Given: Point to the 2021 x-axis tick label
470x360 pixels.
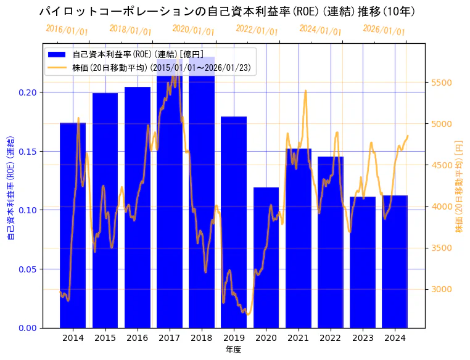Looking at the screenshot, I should click(x=298, y=338).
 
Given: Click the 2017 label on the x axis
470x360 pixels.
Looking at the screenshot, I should click(x=169, y=338).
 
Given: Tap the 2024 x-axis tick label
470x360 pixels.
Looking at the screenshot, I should click(x=395, y=338).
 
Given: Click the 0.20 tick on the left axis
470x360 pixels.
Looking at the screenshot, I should click(x=28, y=92).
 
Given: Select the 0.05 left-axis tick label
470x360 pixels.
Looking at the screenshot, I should click(x=28, y=269).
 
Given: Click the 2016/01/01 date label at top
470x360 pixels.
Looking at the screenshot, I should click(x=67, y=30).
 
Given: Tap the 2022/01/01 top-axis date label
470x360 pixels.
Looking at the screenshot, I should click(x=257, y=30).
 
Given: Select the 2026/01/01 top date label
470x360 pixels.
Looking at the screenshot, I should click(x=384, y=30).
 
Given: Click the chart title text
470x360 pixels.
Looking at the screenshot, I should click(x=226, y=12).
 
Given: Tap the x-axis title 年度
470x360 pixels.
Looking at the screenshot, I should click(x=233, y=350).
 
